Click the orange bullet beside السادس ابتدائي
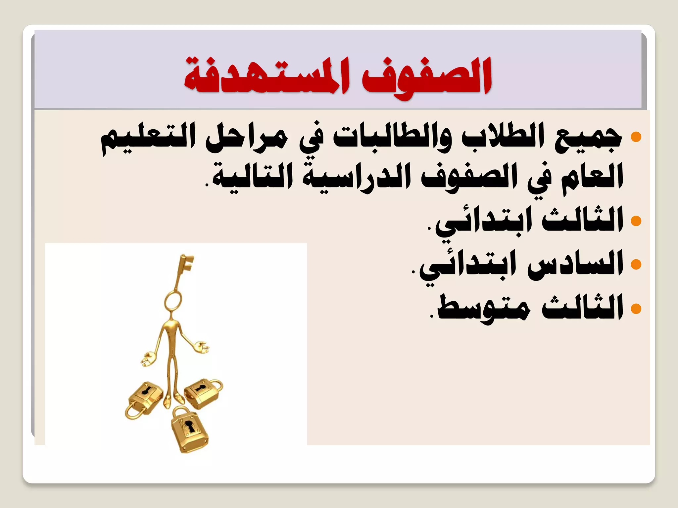pyautogui.click(x=636, y=264)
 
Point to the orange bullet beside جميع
pyautogui.click(x=636, y=137)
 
